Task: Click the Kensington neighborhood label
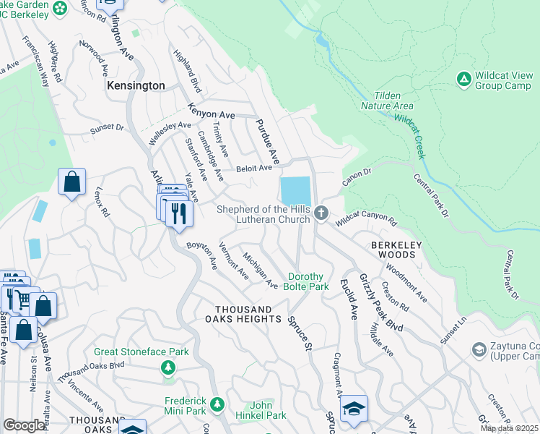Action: click(x=135, y=85)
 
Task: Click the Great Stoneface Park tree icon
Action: click(x=168, y=367)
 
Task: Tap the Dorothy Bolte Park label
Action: click(x=309, y=281)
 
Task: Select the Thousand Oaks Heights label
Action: click(x=242, y=314)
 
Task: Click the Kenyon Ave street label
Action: click(x=212, y=111)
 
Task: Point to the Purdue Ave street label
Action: click(x=264, y=140)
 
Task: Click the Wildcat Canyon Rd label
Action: click(x=367, y=218)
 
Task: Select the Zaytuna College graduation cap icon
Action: click(x=478, y=350)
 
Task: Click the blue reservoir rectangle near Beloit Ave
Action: click(x=295, y=191)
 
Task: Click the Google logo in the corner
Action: click(x=24, y=425)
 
